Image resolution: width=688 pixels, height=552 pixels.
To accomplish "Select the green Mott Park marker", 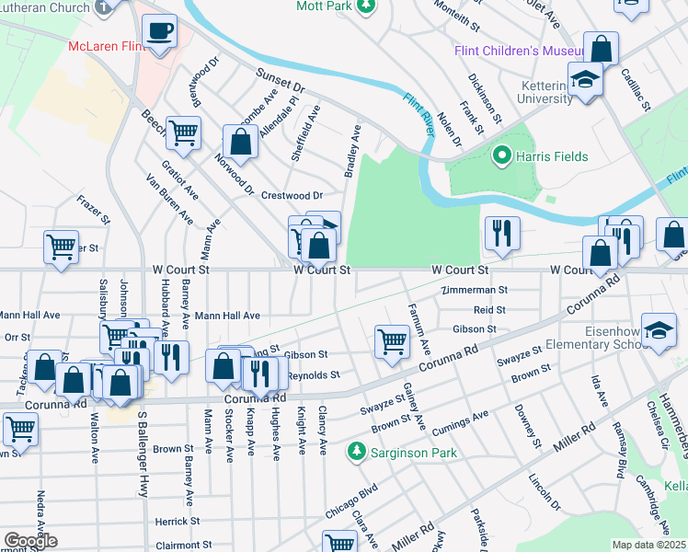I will [366, 7].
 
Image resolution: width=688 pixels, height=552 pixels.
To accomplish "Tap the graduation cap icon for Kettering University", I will [584, 81].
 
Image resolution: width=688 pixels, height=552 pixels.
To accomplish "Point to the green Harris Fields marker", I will [502, 156].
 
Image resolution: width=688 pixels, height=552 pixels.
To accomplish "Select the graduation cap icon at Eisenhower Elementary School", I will [659, 331].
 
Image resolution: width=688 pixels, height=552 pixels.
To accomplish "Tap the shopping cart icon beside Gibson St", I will [392, 341].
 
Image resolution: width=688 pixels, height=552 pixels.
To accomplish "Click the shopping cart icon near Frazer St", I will [61, 246].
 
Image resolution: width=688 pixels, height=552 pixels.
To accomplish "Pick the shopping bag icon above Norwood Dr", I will [241, 143].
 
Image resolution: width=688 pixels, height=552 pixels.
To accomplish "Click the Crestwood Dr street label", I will [292, 195].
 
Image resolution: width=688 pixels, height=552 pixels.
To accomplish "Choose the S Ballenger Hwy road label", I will [143, 455].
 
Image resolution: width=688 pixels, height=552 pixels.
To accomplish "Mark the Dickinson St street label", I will [485, 98].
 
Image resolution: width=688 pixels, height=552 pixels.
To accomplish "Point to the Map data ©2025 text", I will [648, 545].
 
